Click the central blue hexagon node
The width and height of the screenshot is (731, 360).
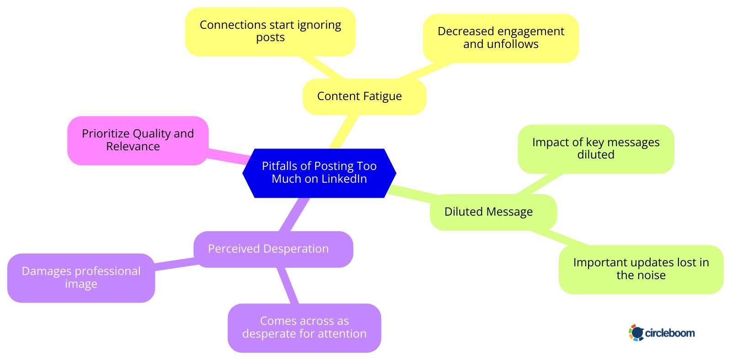(319, 173)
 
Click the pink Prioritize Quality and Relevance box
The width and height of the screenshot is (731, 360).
(138, 140)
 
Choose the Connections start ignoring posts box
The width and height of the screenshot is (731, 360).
(270, 32)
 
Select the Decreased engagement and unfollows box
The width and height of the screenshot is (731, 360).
(500, 38)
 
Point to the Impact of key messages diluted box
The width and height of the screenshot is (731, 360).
(595, 148)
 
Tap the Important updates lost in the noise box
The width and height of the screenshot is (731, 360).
(641, 269)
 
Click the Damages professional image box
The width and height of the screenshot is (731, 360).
(81, 278)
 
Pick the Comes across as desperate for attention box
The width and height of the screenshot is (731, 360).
(304, 328)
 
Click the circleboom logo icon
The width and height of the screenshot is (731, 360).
(636, 333)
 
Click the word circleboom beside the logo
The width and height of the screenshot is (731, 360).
(670, 333)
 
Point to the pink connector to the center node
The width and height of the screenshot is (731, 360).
(228, 156)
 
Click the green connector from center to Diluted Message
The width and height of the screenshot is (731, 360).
(411, 192)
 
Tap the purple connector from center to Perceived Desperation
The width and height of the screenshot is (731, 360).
(295, 214)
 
